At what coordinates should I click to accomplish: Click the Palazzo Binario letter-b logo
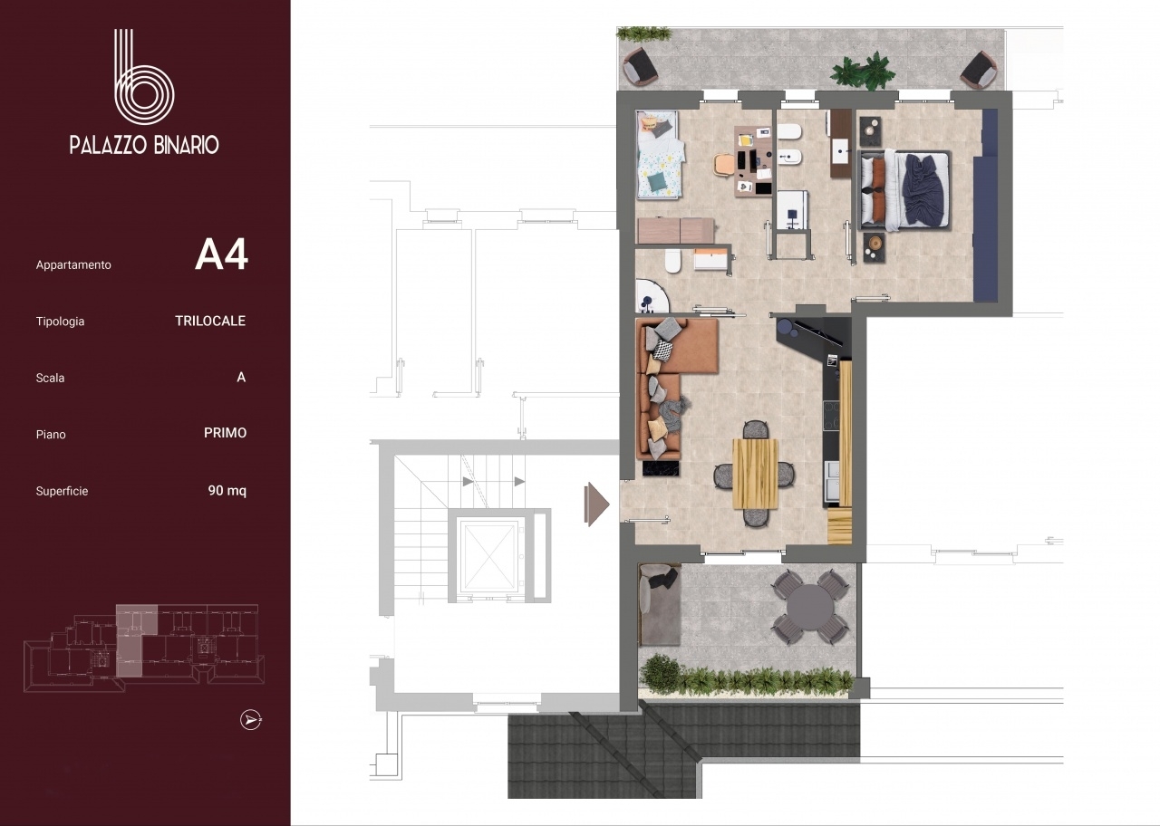point(144,78)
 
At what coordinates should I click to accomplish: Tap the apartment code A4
point(222,255)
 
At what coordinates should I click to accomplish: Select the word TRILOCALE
point(210,321)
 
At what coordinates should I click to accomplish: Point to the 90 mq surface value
point(227,490)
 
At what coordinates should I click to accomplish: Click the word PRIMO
point(226,433)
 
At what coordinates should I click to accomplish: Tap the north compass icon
point(251,720)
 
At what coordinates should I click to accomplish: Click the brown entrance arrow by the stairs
point(595,504)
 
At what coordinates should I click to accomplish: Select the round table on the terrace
point(810,607)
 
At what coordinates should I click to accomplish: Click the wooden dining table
point(756,474)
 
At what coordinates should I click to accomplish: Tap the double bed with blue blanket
point(904,190)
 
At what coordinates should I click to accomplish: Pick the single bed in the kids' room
point(659,154)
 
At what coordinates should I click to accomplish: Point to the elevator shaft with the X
point(488,556)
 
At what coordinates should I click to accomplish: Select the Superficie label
point(63,491)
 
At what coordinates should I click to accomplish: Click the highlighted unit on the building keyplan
point(132,639)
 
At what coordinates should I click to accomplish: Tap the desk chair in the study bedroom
point(722,165)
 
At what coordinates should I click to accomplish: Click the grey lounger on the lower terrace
point(660,604)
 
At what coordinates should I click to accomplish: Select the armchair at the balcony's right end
point(978,70)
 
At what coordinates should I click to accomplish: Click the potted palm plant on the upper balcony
point(863,72)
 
